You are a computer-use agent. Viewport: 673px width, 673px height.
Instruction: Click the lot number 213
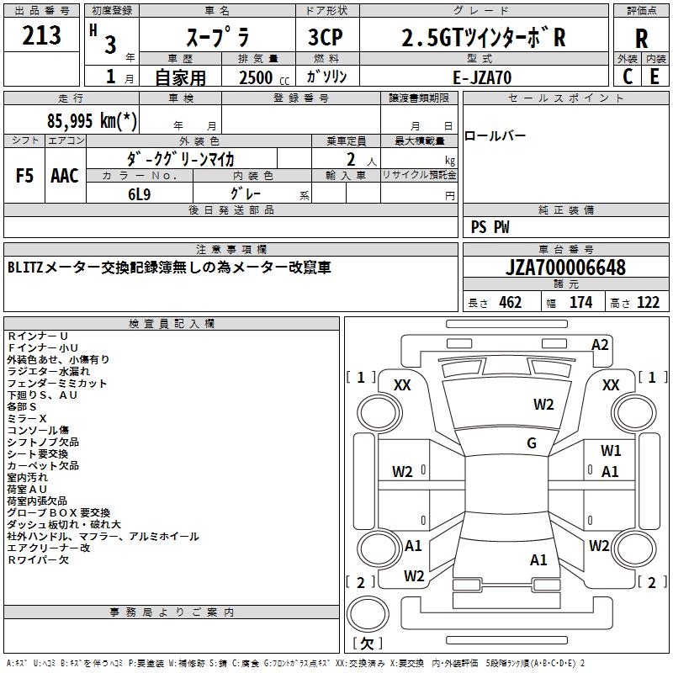point(41,34)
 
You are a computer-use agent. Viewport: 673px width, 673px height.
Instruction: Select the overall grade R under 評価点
point(641,38)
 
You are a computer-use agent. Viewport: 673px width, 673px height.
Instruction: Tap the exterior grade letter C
point(627,77)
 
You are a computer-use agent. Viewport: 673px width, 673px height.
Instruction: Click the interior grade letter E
point(654,77)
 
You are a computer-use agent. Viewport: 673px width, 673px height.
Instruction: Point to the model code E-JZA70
point(482,77)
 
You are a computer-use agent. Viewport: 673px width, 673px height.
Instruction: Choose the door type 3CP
point(326,37)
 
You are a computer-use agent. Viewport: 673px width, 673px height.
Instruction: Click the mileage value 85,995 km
point(92,120)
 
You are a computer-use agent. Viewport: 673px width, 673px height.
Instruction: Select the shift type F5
point(24,176)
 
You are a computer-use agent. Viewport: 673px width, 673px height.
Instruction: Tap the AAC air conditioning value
point(65,176)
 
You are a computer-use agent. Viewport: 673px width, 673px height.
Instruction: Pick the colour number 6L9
point(140,194)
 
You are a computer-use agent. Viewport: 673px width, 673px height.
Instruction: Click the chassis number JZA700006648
point(565,268)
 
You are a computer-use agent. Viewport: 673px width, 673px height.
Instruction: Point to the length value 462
point(511,303)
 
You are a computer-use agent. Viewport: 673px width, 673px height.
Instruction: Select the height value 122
point(648,303)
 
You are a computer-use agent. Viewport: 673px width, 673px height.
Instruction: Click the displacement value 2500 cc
point(264,77)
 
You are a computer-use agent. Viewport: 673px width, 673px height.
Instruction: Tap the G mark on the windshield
point(532,443)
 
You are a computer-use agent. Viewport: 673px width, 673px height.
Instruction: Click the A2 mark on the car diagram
point(600,345)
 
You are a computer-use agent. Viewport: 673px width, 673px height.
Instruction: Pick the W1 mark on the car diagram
point(611,451)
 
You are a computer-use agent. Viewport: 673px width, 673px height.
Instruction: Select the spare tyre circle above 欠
point(368,614)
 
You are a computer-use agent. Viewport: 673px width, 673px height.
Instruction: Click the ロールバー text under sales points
point(495,136)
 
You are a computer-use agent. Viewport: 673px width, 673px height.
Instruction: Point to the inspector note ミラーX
point(27,418)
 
